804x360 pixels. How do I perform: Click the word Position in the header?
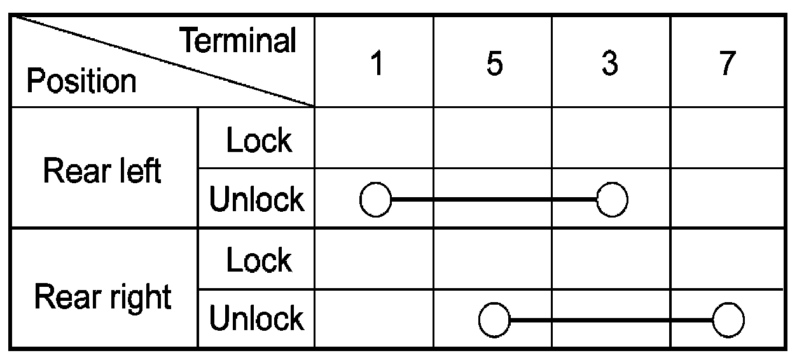(x=81, y=82)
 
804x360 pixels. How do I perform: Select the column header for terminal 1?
(x=376, y=64)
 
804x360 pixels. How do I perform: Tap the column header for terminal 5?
(x=494, y=64)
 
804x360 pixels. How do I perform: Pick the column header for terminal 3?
(x=610, y=64)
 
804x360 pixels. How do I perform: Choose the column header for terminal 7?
(x=728, y=64)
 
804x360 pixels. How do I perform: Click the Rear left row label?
(x=102, y=170)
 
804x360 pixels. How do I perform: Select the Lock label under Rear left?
(x=259, y=141)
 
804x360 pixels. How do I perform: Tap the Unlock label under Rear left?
(x=256, y=200)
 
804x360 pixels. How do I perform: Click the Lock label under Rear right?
(x=259, y=260)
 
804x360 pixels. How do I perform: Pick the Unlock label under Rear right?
(x=256, y=319)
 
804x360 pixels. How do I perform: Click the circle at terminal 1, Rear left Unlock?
(x=375, y=200)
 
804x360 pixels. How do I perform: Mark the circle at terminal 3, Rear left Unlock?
(x=612, y=200)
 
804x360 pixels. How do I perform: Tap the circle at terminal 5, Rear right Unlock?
(x=494, y=319)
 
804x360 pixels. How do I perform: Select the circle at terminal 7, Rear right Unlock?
(x=728, y=319)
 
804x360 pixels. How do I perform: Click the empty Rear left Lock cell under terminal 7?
(x=728, y=138)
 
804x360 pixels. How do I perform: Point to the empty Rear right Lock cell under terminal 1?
(x=374, y=259)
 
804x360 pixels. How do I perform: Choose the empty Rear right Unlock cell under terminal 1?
(x=374, y=319)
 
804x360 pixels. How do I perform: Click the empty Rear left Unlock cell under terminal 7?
(x=728, y=198)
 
